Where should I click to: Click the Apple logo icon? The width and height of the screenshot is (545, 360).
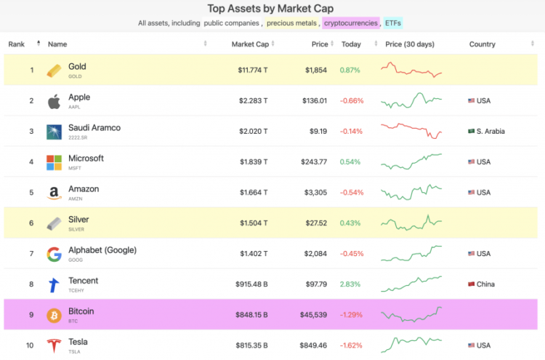click(x=54, y=101)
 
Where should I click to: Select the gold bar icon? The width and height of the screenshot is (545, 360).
click(x=54, y=71)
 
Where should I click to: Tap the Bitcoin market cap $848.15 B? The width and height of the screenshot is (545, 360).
click(x=252, y=315)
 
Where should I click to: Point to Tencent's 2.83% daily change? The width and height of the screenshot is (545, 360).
click(x=351, y=284)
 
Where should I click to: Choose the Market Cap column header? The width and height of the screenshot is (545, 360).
click(x=251, y=44)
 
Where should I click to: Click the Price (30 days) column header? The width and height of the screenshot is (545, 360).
click(x=410, y=44)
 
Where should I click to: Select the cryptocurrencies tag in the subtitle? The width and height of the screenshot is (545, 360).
click(x=351, y=23)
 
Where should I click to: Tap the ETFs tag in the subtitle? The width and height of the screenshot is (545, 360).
click(x=393, y=23)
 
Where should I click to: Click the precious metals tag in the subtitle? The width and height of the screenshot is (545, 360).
click(x=291, y=23)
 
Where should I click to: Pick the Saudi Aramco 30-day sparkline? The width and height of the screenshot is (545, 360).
click(x=411, y=131)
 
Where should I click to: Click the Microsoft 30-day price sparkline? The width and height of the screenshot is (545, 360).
click(x=411, y=161)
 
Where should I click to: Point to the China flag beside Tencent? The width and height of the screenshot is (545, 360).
click(x=471, y=284)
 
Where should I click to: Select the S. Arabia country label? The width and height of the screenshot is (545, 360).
click(x=490, y=132)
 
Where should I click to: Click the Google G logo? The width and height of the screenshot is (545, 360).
click(x=54, y=254)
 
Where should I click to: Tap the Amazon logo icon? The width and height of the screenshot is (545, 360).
click(x=54, y=193)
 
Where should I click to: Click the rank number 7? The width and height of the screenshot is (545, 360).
click(x=31, y=254)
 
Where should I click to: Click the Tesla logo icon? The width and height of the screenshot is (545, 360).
click(x=54, y=345)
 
